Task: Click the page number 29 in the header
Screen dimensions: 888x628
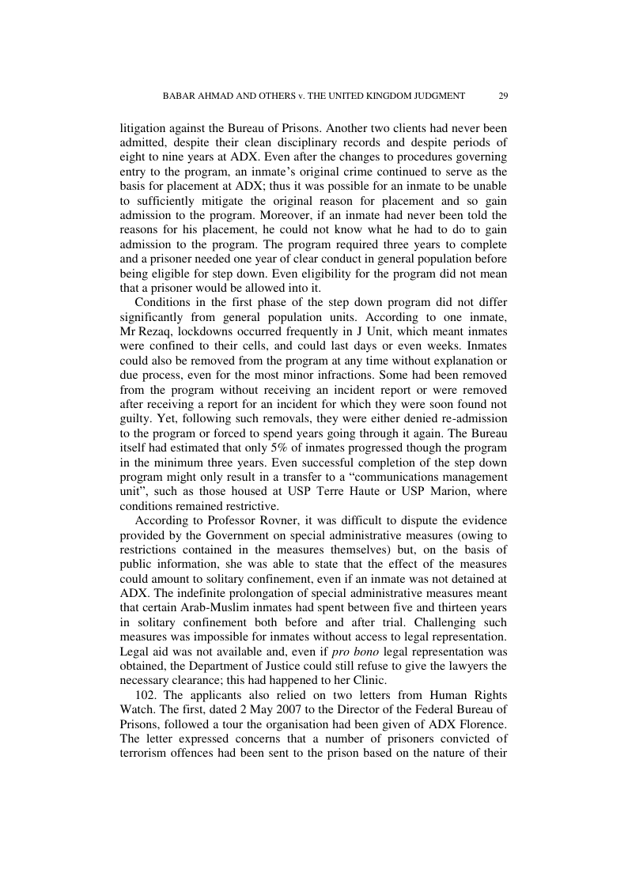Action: (503, 96)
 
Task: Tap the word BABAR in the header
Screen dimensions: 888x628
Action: (179, 96)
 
